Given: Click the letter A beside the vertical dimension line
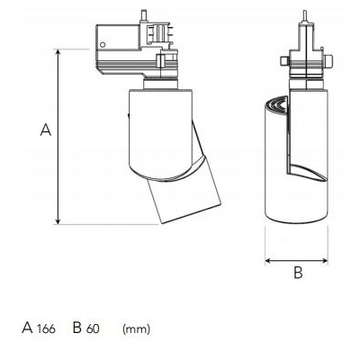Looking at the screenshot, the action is click(46, 130).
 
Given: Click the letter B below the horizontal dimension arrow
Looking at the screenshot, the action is click(298, 273).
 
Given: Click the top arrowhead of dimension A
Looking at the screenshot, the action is click(58, 53).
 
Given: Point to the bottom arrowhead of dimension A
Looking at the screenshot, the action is click(58, 220).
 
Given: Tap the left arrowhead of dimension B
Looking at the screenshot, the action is click(269, 261).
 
